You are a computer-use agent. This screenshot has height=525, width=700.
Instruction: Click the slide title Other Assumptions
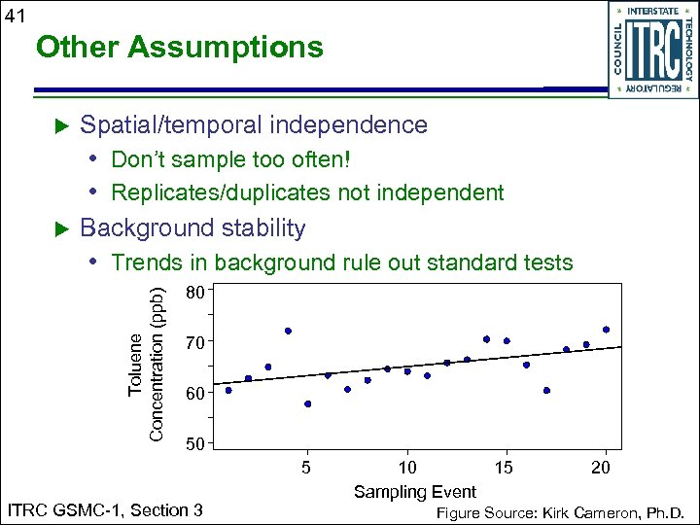point(178,47)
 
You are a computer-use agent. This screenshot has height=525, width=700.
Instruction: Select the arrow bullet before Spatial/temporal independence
point(61,125)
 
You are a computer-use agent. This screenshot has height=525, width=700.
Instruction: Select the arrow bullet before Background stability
point(61,229)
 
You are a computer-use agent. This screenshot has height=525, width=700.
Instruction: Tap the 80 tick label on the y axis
point(195,292)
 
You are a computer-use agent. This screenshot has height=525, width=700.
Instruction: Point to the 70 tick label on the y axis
point(195,342)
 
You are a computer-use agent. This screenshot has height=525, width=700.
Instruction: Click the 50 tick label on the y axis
point(195,444)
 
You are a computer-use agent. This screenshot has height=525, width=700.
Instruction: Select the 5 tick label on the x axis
point(307,468)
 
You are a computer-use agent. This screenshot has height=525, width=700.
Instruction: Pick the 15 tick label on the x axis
point(506,468)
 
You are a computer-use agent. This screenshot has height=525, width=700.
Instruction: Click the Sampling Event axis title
point(414,491)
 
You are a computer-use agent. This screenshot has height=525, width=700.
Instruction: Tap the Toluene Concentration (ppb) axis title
point(147,361)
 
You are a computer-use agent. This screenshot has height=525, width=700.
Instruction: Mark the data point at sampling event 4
point(288,332)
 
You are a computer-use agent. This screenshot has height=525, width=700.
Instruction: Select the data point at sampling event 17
point(546,390)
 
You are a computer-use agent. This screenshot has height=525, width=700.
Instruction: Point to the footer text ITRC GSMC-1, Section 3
point(105,510)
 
